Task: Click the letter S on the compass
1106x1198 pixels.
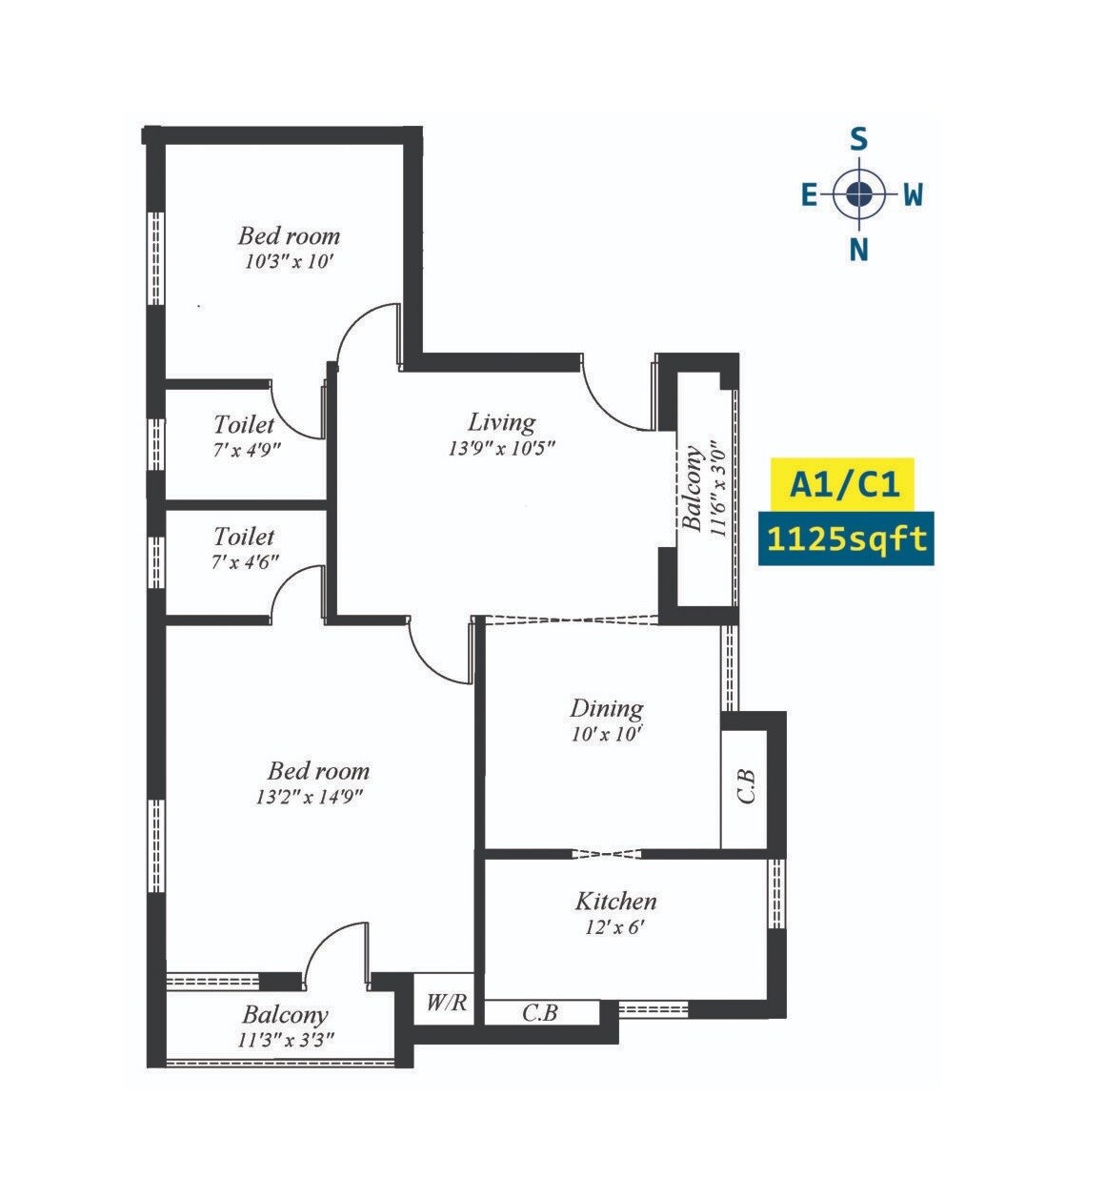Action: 858,141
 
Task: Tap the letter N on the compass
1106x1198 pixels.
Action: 858,250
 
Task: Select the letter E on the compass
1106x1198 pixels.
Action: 809,195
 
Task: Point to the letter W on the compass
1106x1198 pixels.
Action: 913,195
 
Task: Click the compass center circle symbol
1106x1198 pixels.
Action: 859,194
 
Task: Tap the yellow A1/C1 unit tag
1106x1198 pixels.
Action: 844,485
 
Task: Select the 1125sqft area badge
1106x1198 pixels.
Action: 846,539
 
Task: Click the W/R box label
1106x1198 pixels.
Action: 446,1003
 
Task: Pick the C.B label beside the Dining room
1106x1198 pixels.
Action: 747,786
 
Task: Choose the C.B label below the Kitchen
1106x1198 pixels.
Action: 540,1013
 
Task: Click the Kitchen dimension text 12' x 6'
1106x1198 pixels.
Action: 615,925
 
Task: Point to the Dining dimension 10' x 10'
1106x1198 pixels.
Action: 606,734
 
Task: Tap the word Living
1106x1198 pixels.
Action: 501,422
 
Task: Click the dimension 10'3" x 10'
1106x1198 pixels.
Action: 289,261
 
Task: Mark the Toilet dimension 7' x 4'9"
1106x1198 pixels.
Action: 247,449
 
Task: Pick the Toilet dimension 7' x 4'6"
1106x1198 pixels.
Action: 245,561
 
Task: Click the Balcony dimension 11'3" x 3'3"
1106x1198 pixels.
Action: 286,1040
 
